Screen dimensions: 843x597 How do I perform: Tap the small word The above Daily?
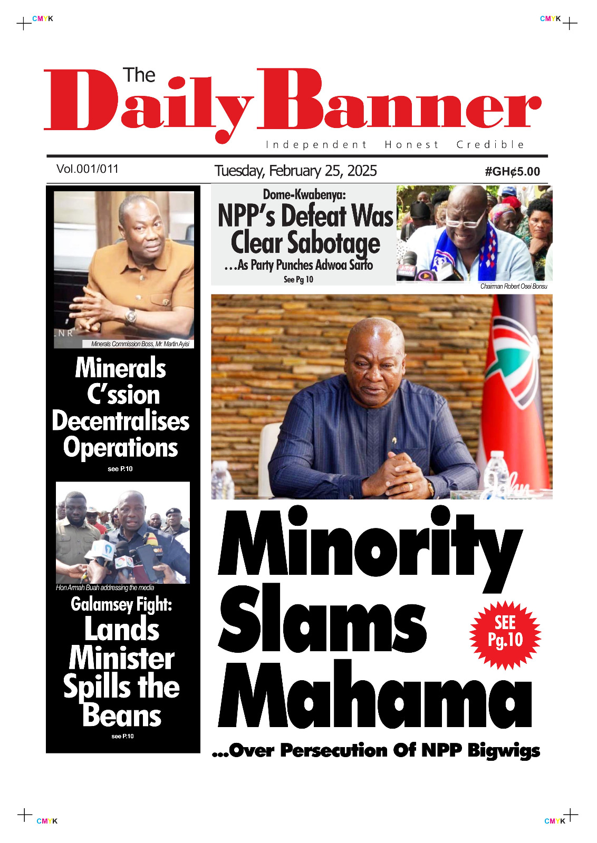pyautogui.click(x=139, y=75)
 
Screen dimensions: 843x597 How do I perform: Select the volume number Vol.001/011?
pyautogui.click(x=88, y=169)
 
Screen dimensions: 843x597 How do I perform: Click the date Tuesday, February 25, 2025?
pyautogui.click(x=295, y=171)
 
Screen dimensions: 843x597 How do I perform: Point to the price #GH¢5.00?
pyautogui.click(x=512, y=172)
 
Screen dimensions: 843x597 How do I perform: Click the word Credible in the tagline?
pyautogui.click(x=490, y=145)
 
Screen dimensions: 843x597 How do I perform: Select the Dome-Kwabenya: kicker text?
pyautogui.click(x=304, y=194)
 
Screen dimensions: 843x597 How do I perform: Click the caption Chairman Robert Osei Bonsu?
pyautogui.click(x=513, y=287)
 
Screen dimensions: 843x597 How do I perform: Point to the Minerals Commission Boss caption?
pyautogui.click(x=140, y=344)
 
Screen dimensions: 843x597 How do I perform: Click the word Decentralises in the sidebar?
pyautogui.click(x=121, y=421)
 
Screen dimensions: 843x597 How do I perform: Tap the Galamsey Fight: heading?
pyautogui.click(x=121, y=604)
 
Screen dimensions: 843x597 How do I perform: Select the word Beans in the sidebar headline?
pyautogui.click(x=122, y=715)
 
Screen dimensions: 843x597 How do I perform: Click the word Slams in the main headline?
pyautogui.click(x=322, y=619)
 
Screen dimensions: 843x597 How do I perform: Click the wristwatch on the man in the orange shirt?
pyautogui.click(x=130, y=316)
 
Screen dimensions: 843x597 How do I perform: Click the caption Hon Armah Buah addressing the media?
pyautogui.click(x=105, y=587)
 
